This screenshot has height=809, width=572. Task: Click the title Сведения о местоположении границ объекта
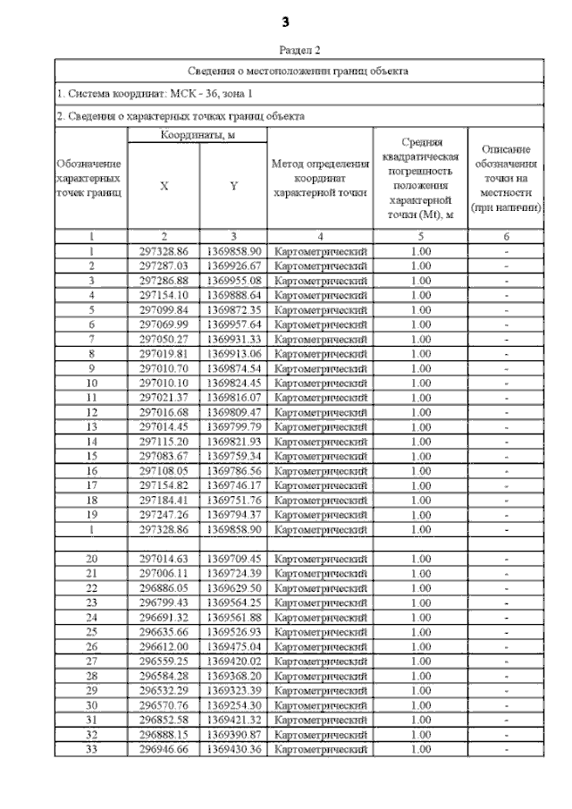pos(299,70)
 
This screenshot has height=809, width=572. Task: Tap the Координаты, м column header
pos(197,134)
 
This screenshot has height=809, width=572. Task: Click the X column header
pos(164,186)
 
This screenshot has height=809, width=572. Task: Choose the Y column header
pos(233,186)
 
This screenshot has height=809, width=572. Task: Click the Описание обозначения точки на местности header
pos(507,178)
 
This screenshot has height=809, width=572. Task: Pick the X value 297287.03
pos(164,265)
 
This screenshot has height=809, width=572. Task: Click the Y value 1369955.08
pos(233,280)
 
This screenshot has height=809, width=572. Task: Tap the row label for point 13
pos(91,426)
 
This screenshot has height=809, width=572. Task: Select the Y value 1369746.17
pos(233,485)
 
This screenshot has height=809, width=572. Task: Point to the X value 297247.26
pos(164,514)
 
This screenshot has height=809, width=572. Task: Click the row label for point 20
pos(91,558)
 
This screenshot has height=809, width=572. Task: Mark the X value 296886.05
pos(164,587)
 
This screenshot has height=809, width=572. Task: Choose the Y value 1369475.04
pos(233,645)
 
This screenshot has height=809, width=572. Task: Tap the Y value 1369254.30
pos(233,704)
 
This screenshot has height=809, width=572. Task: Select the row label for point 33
pos(91,748)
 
